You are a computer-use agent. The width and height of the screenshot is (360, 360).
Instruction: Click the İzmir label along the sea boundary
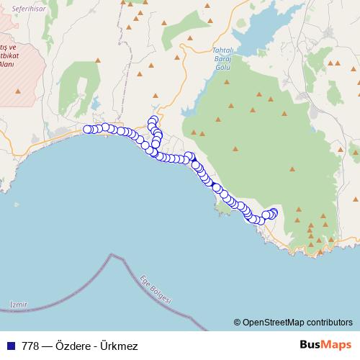pyautogui.click(x=19, y=305)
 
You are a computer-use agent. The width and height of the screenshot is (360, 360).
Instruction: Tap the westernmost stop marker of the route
pyautogui.click(x=88, y=130)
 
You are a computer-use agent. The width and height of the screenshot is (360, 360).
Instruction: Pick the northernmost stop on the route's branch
pyautogui.click(x=153, y=120)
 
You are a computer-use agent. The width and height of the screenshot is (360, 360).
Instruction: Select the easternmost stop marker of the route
pyautogui.click(x=274, y=212)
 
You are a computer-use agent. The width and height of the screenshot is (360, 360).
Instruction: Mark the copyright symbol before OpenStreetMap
pyautogui.click(x=237, y=322)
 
